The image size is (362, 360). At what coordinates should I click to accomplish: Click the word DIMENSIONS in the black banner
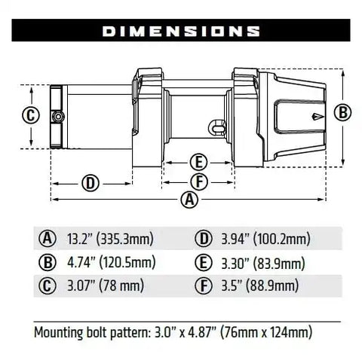181,32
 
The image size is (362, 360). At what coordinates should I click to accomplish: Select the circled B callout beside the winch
342,112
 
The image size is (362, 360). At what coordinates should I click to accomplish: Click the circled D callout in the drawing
90,183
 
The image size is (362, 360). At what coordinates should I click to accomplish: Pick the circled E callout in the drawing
198,162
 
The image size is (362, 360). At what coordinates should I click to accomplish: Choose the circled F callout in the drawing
198,181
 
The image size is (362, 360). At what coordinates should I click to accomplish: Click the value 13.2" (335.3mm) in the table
109,239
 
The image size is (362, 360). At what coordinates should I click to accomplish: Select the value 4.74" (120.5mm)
109,263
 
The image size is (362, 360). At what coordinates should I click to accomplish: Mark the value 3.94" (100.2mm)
262,239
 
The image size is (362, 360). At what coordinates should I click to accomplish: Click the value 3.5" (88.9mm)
256,286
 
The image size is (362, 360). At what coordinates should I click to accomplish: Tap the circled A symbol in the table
48,239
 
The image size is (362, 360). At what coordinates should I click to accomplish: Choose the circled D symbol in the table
202,239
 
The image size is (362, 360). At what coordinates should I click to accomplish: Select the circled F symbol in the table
202,286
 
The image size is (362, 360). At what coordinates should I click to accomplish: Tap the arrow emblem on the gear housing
317,116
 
